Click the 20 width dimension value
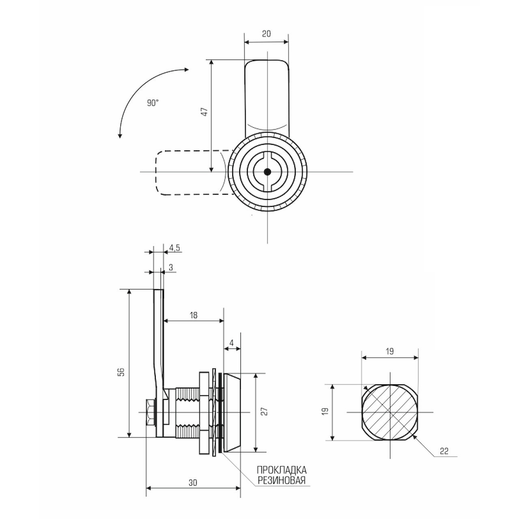click(266, 34)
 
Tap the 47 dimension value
click(205, 112)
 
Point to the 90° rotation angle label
click(153, 103)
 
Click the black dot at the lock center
click(267, 172)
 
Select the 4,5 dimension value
click(174, 248)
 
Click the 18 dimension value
click(193, 315)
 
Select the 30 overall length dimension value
click(193, 483)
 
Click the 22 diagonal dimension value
click(444, 451)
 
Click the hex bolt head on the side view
click(150, 412)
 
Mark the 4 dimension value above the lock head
click(232, 343)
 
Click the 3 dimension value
click(171, 268)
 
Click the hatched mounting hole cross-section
click(390, 412)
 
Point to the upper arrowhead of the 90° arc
click(187, 70)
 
